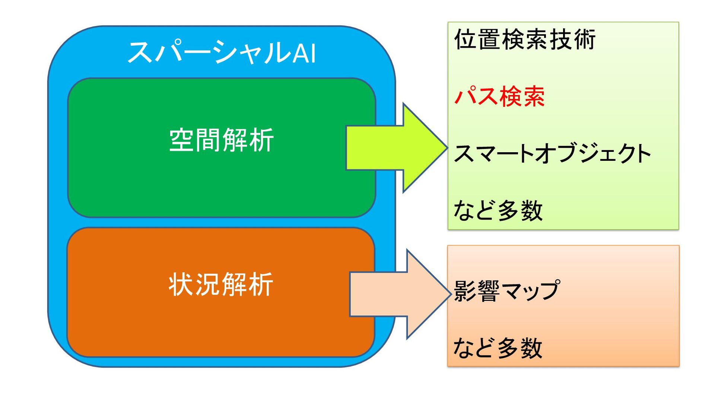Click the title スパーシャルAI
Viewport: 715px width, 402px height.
tap(222, 52)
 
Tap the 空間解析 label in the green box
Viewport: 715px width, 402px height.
tap(222, 140)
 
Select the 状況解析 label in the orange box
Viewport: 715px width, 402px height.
tap(221, 284)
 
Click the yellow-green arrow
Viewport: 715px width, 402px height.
tap(395, 148)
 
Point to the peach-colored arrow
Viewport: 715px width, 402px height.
tap(398, 294)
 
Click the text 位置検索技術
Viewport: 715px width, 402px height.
tap(525, 39)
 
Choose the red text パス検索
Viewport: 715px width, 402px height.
tap(499, 96)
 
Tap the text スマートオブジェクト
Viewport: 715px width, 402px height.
tap(552, 153)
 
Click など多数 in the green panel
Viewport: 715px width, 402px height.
tap(498, 210)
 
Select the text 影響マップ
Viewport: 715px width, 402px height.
tap(506, 291)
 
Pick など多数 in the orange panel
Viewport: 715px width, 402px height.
tap(498, 348)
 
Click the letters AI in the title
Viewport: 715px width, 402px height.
tap(304, 53)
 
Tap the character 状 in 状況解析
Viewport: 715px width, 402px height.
tap(181, 284)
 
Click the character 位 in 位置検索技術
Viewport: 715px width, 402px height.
tap(465, 39)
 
